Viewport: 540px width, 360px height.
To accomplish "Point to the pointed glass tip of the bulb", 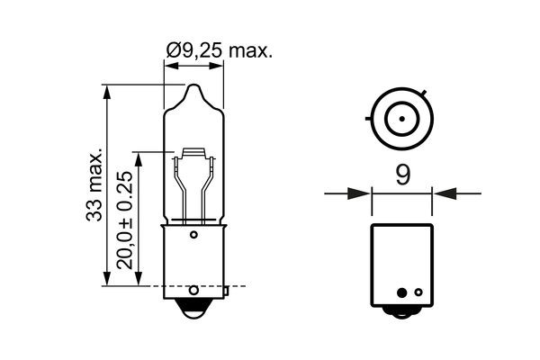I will (x=194, y=88).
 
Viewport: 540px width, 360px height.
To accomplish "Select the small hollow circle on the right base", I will (x=400, y=292).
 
